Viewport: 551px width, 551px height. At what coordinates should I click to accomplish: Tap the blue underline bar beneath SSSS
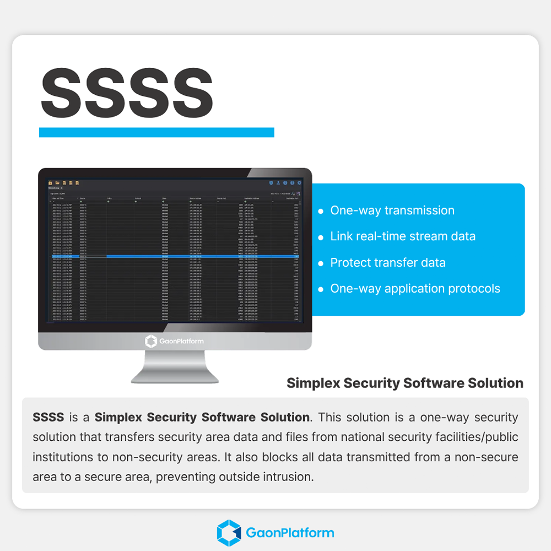[x=156, y=132]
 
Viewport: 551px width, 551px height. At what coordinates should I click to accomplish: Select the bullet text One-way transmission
[x=392, y=210]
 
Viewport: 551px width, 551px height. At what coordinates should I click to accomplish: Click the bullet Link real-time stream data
[x=402, y=236]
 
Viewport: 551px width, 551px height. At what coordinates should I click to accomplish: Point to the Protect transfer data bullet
[x=387, y=262]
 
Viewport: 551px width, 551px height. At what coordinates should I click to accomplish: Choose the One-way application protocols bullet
[x=415, y=288]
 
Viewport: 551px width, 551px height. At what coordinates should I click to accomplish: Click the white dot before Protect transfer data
[x=321, y=263]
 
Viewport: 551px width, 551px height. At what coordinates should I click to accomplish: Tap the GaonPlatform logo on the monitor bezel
[x=174, y=341]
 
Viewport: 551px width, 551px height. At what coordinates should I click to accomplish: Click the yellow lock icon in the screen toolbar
[x=50, y=182]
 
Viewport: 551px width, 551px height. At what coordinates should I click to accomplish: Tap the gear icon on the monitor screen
[x=299, y=182]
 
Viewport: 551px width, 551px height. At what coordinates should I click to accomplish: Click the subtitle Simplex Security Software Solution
[x=405, y=383]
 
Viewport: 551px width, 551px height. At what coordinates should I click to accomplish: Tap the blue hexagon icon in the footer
[x=229, y=533]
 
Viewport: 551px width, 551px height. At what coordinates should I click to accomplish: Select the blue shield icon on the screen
[x=271, y=182]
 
